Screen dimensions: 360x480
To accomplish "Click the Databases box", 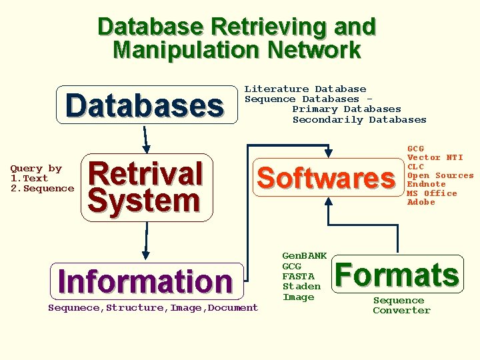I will pos(145,105).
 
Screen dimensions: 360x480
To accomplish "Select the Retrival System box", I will pos(146,187).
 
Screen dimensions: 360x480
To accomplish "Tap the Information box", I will pos(145,281).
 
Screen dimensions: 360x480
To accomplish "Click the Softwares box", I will pos(326,178).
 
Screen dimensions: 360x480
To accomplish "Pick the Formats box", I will pos(397,274).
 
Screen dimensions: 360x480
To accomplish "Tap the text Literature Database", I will pos(305,89).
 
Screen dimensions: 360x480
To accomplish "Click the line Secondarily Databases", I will pos(359,120).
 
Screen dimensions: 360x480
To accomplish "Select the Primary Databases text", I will pos(347,109).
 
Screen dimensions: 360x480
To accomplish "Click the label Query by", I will pos(36,169).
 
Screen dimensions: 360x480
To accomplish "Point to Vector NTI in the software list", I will pos(435,157).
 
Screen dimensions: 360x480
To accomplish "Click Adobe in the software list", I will pos(421,202).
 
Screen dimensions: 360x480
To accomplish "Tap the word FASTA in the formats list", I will pos(297,276).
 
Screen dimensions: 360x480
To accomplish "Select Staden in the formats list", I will pos(301,287).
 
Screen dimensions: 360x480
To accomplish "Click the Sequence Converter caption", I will pos(401,305).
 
